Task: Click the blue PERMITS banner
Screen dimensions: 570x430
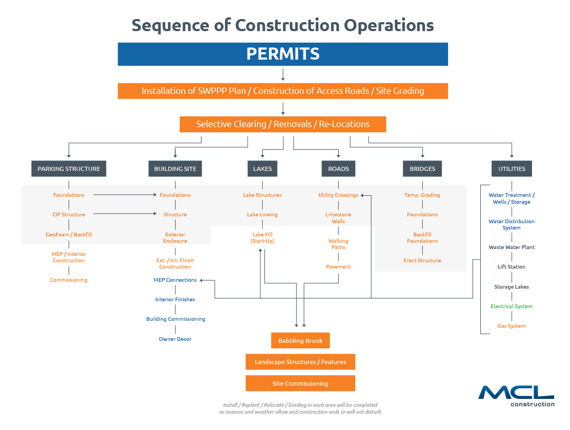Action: click(x=282, y=54)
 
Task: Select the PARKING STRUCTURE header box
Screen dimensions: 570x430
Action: click(x=69, y=169)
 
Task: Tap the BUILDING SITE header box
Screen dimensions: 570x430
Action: click(x=175, y=169)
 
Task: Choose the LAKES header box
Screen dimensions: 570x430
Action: click(x=262, y=169)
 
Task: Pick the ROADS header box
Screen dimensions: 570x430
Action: click(x=338, y=169)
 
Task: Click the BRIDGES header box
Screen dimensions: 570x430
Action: click(x=422, y=169)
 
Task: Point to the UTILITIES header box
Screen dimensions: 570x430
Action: click(x=511, y=169)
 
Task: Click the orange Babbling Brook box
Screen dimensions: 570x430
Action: click(x=300, y=341)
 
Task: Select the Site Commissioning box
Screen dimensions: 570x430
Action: click(x=300, y=384)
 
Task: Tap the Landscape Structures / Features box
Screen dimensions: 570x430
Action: click(x=300, y=362)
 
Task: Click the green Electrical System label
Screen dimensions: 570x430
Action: click(x=511, y=307)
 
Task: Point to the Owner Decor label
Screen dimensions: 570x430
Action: click(x=175, y=339)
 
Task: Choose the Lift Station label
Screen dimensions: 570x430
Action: click(x=511, y=267)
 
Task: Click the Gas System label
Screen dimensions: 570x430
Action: click(x=511, y=326)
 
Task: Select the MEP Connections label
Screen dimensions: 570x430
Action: click(x=175, y=280)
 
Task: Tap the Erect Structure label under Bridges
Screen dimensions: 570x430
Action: click(x=422, y=260)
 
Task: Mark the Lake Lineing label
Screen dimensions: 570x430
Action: click(x=262, y=214)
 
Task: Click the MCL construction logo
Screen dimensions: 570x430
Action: click(x=517, y=396)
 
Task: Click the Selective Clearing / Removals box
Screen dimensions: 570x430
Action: click(x=283, y=125)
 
